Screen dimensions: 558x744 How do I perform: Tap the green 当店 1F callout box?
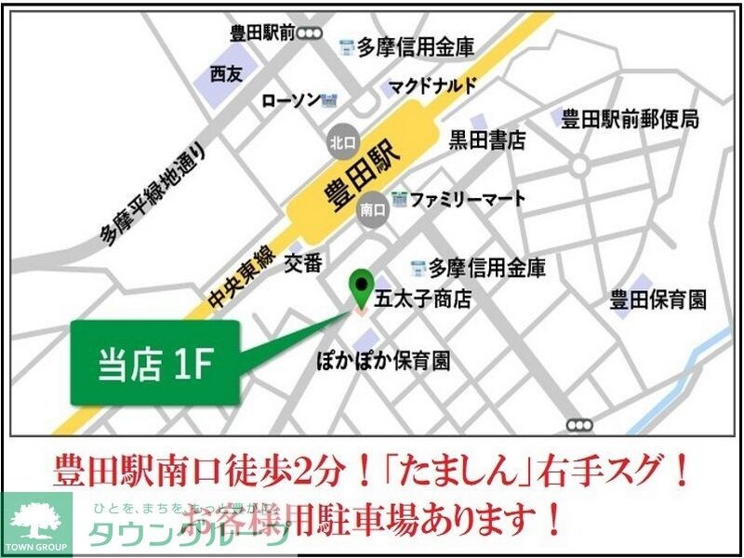pyautogui.click(x=155, y=363)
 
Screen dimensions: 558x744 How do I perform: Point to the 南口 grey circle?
pyautogui.click(x=372, y=211)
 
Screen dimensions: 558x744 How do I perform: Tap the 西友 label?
pyautogui.click(x=225, y=73)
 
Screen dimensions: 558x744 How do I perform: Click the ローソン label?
pyautogui.click(x=290, y=100)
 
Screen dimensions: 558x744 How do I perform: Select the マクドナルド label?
pyautogui.click(x=432, y=86)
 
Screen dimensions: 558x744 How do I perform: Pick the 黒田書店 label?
pyautogui.click(x=487, y=140)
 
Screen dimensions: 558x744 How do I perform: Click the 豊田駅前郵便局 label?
pyautogui.click(x=629, y=119)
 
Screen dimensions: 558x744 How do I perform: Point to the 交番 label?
pyautogui.click(x=302, y=263)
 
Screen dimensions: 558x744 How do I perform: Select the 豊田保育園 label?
pyautogui.click(x=658, y=299)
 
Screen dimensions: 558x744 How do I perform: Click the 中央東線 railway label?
pyautogui.click(x=237, y=279)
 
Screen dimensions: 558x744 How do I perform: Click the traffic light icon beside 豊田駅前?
pyautogui.click(x=309, y=33)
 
